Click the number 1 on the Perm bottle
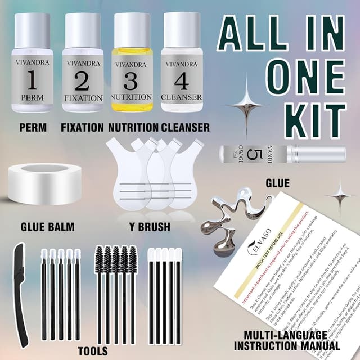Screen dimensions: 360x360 click(31, 82)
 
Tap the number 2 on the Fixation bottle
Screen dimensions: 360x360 click(82, 82)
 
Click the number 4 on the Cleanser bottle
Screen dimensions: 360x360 click(181, 82)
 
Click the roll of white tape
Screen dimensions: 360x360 click(45, 186)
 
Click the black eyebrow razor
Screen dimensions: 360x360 click(22, 292)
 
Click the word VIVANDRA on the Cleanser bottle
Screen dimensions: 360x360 click(181, 64)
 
